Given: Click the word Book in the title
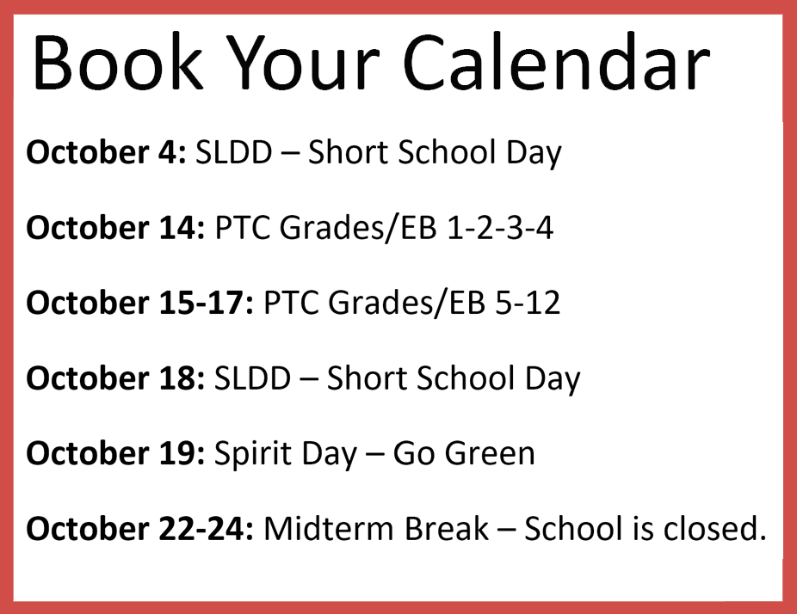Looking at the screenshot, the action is pyautogui.click(x=117, y=62).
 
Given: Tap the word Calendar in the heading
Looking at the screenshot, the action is pyautogui.click(x=557, y=62).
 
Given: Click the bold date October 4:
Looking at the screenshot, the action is pyautogui.click(x=106, y=151).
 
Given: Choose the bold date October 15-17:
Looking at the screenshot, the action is pyautogui.click(x=139, y=302).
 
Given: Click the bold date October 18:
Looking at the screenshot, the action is pyautogui.click(x=115, y=378).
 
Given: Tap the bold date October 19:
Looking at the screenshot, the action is pyautogui.click(x=115, y=452).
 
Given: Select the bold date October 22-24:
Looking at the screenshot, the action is pyautogui.click(x=139, y=528).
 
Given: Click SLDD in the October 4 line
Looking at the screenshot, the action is pyautogui.click(x=234, y=151).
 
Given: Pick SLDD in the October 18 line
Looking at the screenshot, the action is pyautogui.click(x=253, y=378).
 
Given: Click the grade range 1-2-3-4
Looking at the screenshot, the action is pyautogui.click(x=500, y=227).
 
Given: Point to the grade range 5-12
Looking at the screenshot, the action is pyautogui.click(x=528, y=302).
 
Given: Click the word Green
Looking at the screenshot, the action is pyautogui.click(x=490, y=453).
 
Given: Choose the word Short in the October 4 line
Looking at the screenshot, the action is pyautogui.click(x=350, y=151).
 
